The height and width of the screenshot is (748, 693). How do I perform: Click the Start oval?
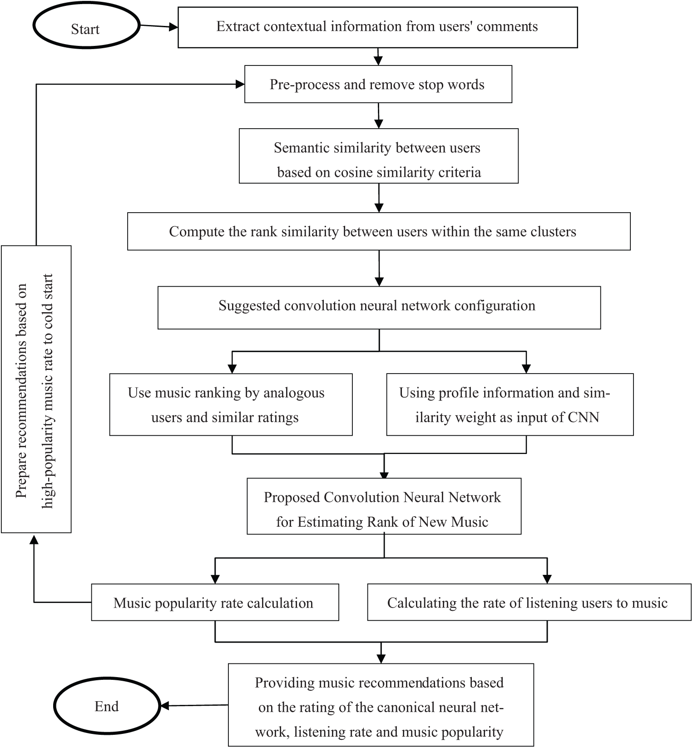(x=85, y=29)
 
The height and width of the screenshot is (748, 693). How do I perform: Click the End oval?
(x=107, y=706)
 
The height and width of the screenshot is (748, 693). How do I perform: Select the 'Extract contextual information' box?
(x=377, y=27)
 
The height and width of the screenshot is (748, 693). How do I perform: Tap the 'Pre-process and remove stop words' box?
(x=378, y=85)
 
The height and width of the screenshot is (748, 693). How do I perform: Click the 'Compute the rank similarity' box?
(x=378, y=231)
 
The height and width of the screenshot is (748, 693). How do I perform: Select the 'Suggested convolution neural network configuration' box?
(x=378, y=307)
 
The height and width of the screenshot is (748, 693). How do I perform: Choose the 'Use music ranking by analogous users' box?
(x=231, y=404)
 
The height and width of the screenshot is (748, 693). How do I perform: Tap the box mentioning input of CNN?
(x=510, y=404)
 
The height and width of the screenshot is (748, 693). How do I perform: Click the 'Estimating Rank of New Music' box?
(x=384, y=506)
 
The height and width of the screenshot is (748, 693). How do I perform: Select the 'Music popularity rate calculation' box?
(x=215, y=603)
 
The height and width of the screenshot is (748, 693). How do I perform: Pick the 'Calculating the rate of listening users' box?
(x=529, y=603)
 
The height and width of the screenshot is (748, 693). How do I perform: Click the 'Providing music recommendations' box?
(x=381, y=704)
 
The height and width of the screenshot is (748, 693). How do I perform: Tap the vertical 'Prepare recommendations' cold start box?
(x=36, y=389)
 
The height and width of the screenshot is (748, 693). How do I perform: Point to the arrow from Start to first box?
(x=159, y=27)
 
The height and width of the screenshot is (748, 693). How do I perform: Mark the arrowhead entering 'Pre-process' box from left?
(x=240, y=84)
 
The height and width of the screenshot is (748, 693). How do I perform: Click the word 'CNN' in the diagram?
(x=584, y=417)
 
